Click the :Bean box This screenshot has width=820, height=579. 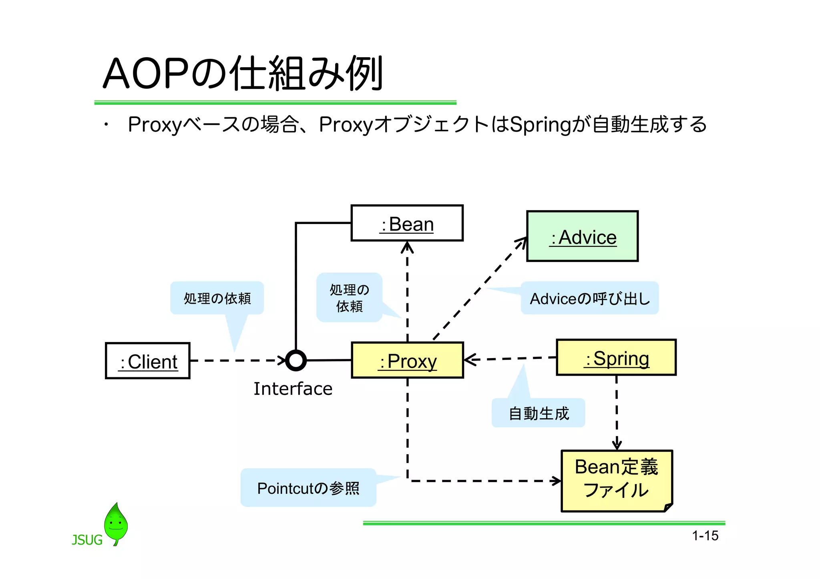pos(407,223)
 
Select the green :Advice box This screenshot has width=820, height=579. pos(582,236)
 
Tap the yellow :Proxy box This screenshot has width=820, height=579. pos(407,361)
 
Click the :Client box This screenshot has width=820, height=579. pos(148,361)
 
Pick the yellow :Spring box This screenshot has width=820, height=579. pos(616,358)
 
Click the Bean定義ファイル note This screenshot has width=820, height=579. pos(616,480)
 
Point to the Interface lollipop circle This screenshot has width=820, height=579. pos(296,361)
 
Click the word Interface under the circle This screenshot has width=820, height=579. pos(293,389)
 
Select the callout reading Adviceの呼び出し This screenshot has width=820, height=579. pos(589,299)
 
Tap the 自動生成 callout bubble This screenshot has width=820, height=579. pos(538,413)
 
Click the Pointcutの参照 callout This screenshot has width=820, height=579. pos(308,488)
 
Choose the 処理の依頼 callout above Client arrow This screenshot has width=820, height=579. pos(217,298)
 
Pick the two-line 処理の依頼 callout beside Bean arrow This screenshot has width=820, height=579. pos(349,298)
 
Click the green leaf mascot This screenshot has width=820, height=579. pos(116,523)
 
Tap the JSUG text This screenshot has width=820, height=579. pos(87,540)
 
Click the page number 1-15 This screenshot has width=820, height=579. pos(705,536)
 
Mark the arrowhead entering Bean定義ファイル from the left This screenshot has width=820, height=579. pos(557,481)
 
